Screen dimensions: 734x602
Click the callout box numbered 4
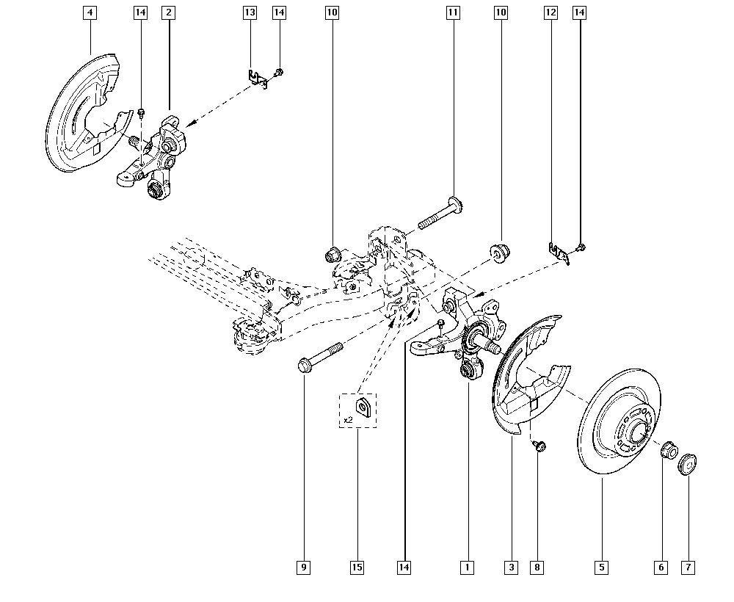pyautogui.click(x=90, y=12)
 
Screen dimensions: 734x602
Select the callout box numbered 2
pyautogui.click(x=169, y=12)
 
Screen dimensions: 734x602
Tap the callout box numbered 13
pyautogui.click(x=250, y=12)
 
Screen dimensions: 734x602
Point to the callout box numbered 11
pyautogui.click(x=453, y=12)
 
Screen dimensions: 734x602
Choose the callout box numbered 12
pyautogui.click(x=551, y=12)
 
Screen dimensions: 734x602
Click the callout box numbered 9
pyautogui.click(x=304, y=567)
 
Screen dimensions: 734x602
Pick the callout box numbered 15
pyautogui.click(x=357, y=567)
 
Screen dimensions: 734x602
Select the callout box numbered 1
pyautogui.click(x=467, y=567)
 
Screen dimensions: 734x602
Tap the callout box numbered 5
pyautogui.click(x=602, y=567)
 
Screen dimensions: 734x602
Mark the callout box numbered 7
pyautogui.click(x=688, y=567)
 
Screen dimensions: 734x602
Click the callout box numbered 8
pyautogui.click(x=537, y=567)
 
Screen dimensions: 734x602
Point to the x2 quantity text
pyautogui.click(x=348, y=420)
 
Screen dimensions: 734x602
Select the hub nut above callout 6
pyautogui.click(x=669, y=450)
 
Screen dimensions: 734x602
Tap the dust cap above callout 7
pyautogui.click(x=687, y=464)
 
